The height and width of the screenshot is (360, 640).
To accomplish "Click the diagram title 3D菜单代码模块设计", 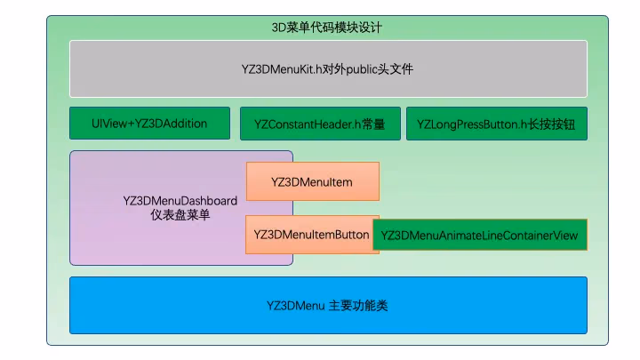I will (326, 28).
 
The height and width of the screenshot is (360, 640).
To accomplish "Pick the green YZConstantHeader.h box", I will (319, 124).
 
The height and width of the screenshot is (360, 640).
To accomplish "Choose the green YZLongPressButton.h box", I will (496, 124).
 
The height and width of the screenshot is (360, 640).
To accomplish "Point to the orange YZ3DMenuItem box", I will (312, 181).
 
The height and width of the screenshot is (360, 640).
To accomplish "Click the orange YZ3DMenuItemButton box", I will (312, 235).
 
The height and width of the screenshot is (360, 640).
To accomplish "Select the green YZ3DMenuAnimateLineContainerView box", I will (480, 236).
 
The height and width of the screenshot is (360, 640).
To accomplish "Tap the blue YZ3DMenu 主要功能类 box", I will (328, 305).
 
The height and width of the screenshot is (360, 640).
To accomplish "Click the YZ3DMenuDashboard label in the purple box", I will (180, 201).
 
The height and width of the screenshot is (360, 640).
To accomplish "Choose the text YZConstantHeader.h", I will (308, 124).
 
